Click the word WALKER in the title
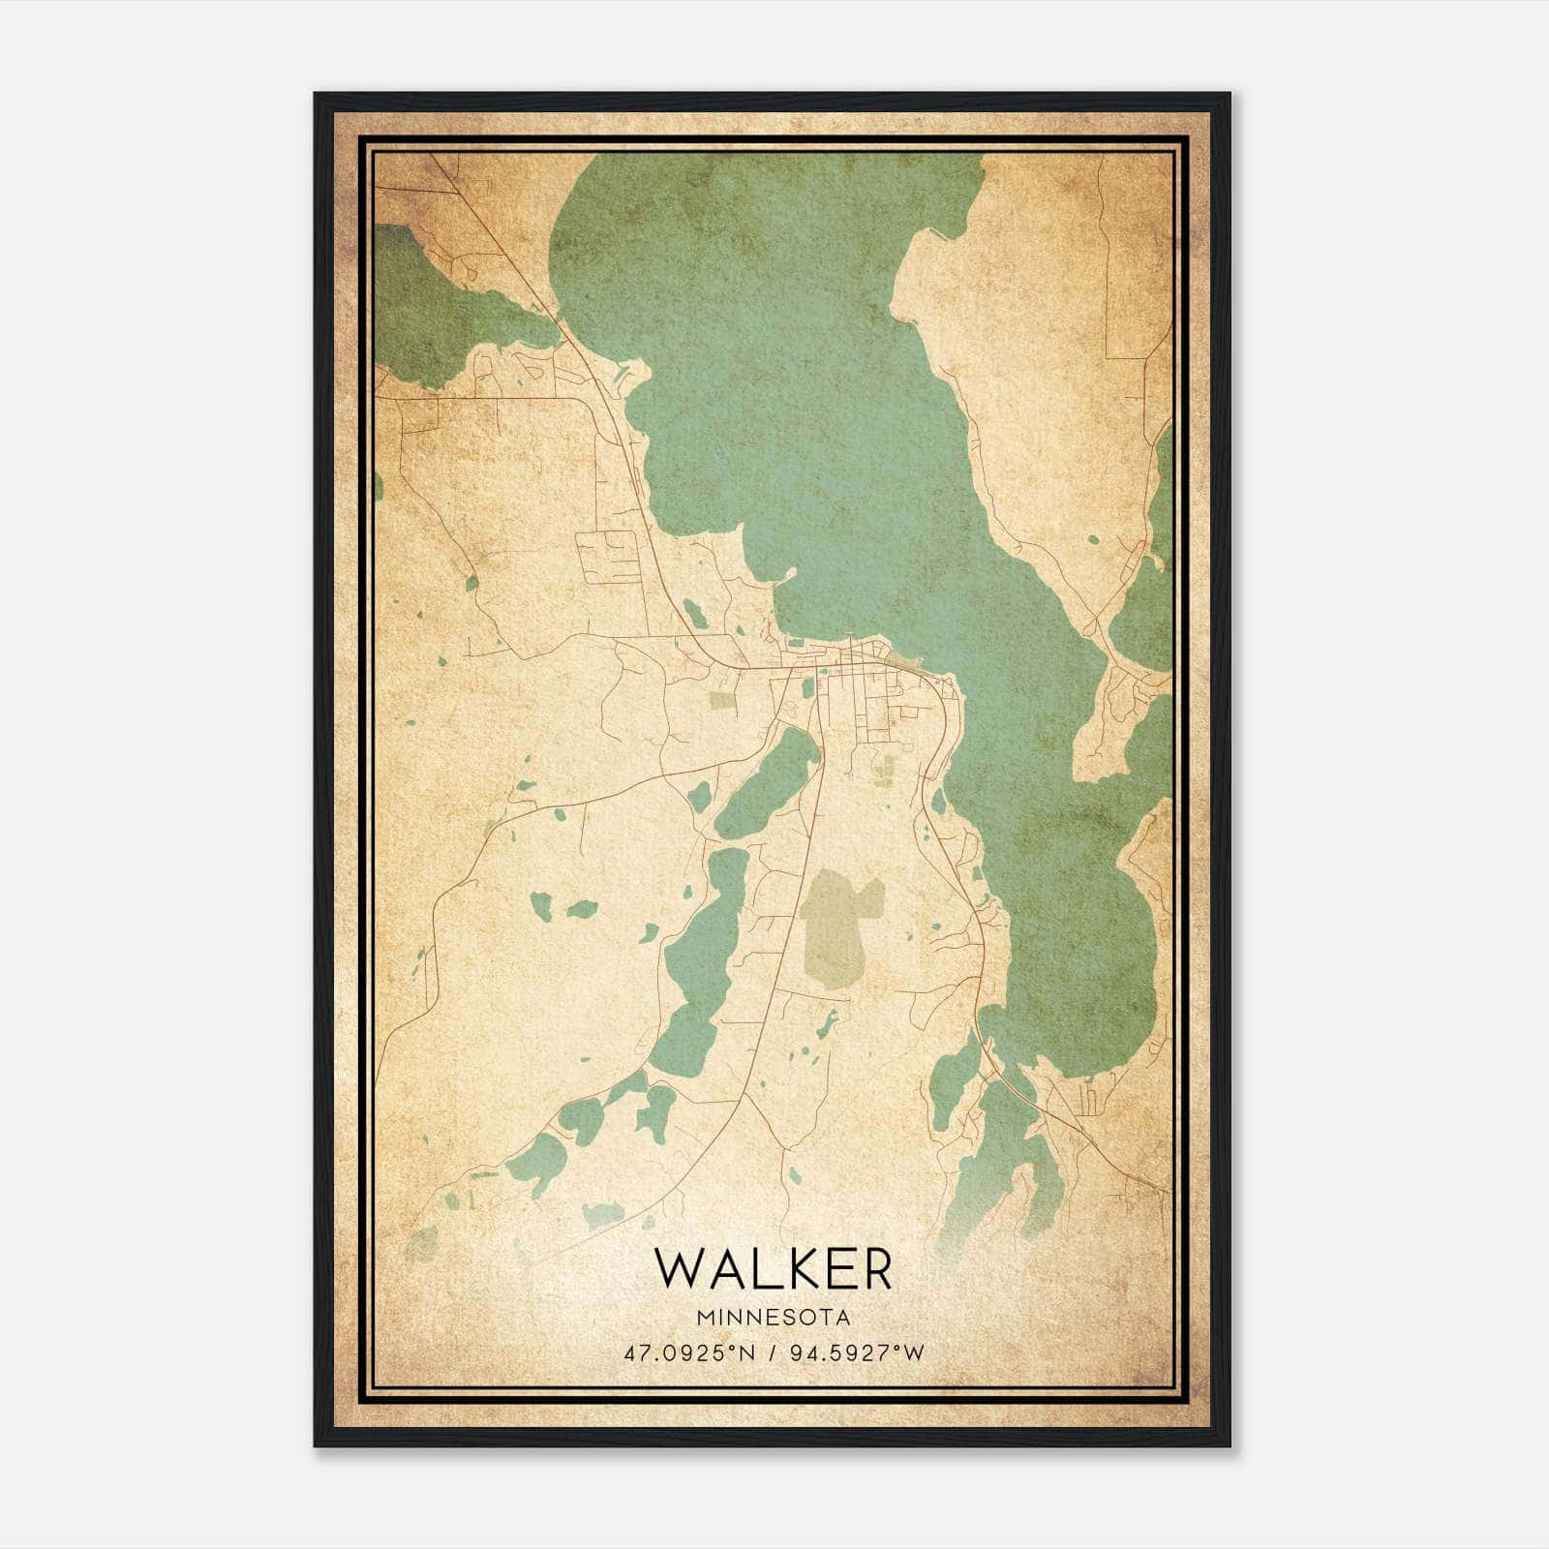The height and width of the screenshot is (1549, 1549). coord(773,1268)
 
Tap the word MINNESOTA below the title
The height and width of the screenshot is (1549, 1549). coord(773,1318)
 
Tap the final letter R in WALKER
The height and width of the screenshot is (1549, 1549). coord(871,1268)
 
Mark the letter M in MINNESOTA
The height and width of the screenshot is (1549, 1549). coord(703,1318)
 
